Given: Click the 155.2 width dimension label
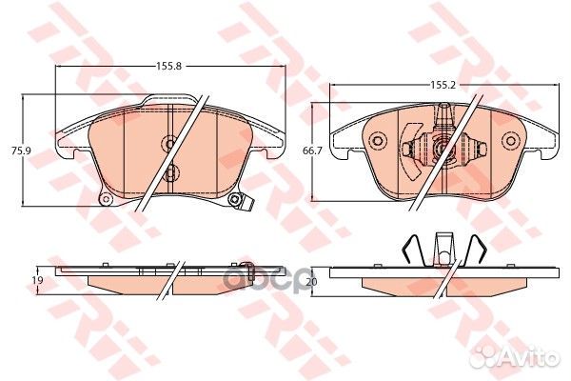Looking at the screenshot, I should coord(439,85).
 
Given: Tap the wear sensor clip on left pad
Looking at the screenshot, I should coord(245,201).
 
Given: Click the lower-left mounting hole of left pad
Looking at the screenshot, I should coord(107,199).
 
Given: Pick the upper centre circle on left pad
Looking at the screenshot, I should coord(169,144).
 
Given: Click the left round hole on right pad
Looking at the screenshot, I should coord(375,144).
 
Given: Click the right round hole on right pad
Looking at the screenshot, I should coord(512,144).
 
